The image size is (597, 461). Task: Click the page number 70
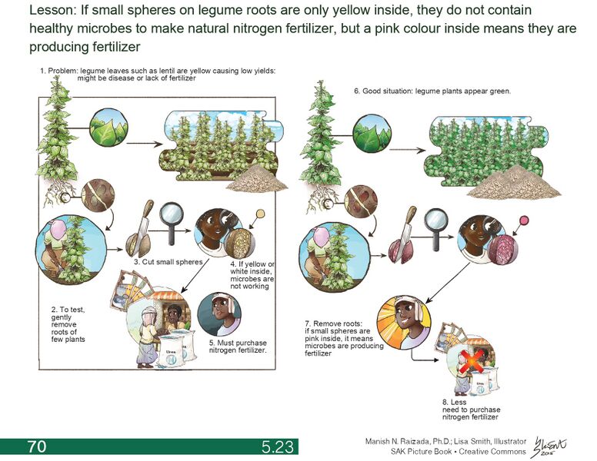pos(36,446)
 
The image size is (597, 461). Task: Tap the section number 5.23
pos(277,446)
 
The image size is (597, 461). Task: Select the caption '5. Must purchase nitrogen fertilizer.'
pos(238,346)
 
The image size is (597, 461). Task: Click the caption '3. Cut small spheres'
pos(168,262)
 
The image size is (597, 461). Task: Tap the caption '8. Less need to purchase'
pos(470,408)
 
